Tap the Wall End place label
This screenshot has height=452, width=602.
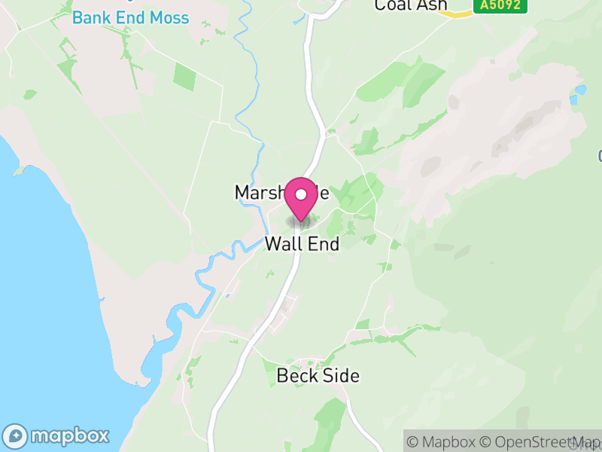(x=302, y=244)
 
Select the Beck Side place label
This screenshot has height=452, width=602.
(x=318, y=375)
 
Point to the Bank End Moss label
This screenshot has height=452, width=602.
(x=130, y=17)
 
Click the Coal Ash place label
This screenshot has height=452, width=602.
(x=410, y=5)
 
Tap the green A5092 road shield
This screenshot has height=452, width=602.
(x=500, y=6)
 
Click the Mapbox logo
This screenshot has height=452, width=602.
(x=57, y=435)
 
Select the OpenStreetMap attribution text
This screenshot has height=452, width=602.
(x=540, y=442)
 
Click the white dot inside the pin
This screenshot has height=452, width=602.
(x=301, y=194)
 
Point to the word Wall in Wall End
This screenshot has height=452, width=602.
(x=282, y=244)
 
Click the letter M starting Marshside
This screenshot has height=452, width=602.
(x=242, y=193)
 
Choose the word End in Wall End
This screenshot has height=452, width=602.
(x=321, y=244)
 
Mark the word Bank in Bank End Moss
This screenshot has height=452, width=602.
(x=90, y=17)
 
